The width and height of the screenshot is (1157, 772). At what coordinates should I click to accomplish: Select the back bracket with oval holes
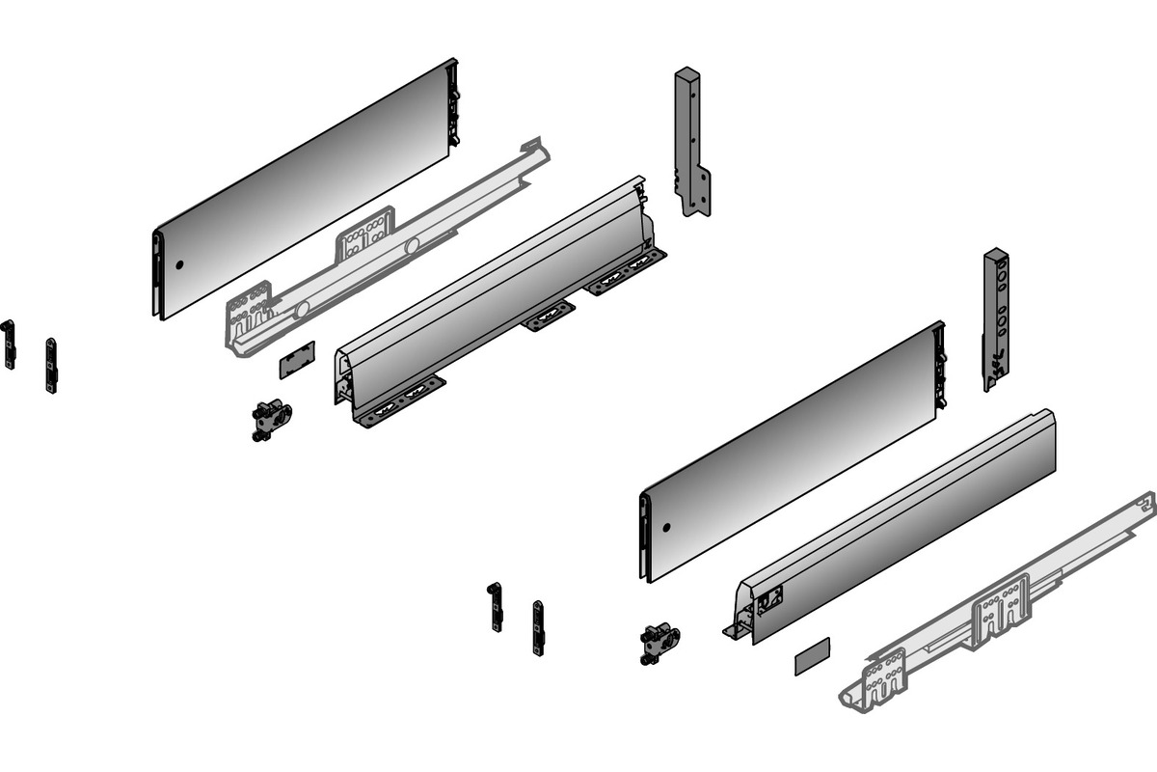(x=995, y=318)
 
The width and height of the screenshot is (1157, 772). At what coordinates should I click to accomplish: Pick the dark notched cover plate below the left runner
(x=297, y=357)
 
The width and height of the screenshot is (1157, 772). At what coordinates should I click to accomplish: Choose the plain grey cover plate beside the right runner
(x=812, y=660)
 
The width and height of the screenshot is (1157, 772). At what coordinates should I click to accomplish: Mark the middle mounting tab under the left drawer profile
(x=549, y=316)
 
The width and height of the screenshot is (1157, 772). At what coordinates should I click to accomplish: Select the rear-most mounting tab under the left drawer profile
(x=627, y=271)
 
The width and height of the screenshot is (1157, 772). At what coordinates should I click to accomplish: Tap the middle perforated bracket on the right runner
(x=1001, y=604)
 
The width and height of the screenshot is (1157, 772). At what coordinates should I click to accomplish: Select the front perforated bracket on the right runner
(x=885, y=675)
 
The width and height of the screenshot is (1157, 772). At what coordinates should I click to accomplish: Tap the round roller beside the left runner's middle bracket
(x=412, y=247)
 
